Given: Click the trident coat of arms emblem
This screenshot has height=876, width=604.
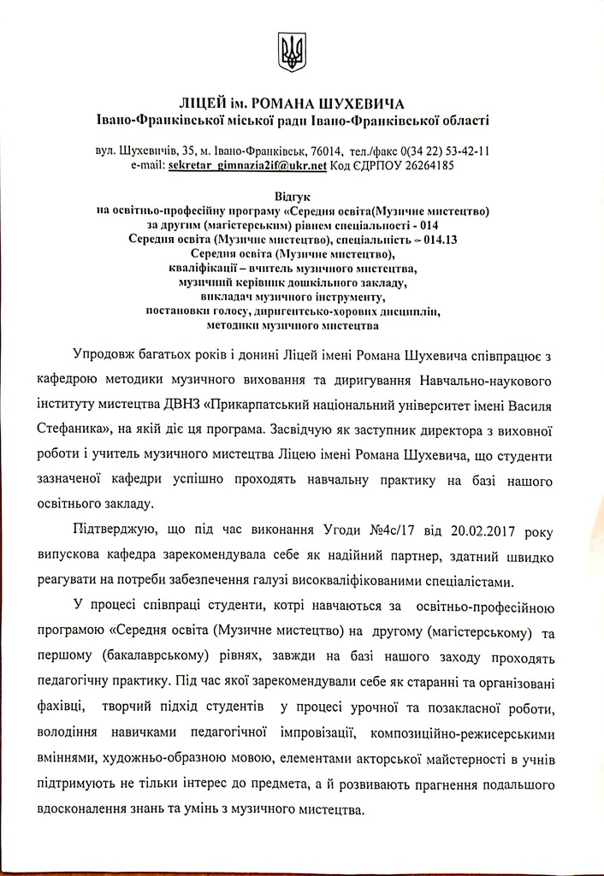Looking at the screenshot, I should (x=292, y=53).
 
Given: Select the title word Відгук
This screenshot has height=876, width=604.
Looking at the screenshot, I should (x=292, y=198).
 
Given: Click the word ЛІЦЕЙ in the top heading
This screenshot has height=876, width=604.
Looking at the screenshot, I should (x=203, y=105).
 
